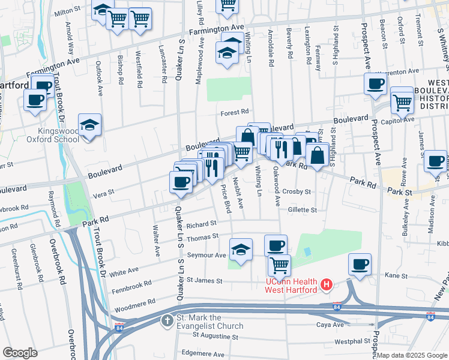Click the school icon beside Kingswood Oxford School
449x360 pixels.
point(89,125)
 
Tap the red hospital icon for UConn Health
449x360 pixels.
point(327,283)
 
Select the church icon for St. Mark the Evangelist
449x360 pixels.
point(167,319)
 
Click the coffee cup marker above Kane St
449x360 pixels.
point(360,265)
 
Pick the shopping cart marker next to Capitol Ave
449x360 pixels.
point(402,100)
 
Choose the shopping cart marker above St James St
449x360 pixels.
point(279,265)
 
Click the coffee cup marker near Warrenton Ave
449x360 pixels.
point(375,84)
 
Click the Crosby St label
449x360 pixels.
point(298,192)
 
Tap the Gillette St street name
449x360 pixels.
point(302,210)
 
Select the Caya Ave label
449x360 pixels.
point(330,325)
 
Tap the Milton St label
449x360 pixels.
point(67,12)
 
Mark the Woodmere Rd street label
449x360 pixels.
point(136,301)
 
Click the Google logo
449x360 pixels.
point(20,352)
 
